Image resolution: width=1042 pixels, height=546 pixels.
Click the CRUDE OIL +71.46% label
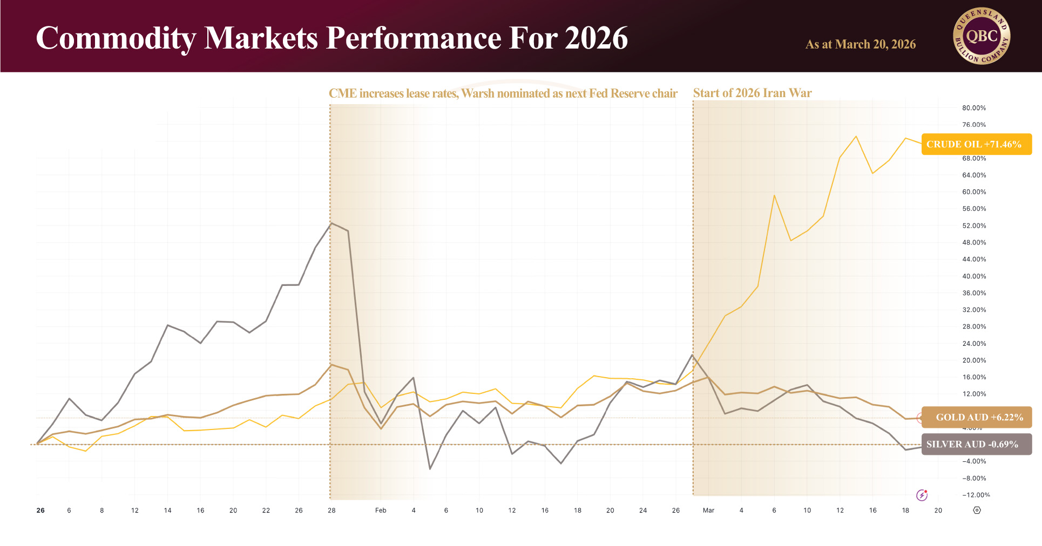[976, 144]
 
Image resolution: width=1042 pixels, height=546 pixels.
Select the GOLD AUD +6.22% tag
[977, 417]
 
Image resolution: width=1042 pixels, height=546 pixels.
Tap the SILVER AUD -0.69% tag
[976, 444]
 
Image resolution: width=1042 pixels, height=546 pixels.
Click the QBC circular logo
[982, 36]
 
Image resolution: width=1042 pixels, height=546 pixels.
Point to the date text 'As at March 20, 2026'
[861, 44]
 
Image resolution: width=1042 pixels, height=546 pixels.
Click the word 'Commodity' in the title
[116, 38]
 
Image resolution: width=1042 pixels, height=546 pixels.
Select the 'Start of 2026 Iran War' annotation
[752, 93]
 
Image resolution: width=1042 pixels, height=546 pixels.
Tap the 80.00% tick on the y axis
[973, 108]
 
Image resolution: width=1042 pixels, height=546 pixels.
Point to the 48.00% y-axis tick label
[973, 243]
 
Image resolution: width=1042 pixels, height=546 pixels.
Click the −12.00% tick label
[976, 495]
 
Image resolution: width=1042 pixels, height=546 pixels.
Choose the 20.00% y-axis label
[973, 360]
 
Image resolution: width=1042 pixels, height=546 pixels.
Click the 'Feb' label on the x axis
[381, 510]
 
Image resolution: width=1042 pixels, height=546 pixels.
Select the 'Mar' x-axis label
[708, 510]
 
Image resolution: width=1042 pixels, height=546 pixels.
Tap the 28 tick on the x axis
[331, 510]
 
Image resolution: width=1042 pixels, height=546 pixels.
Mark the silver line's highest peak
[331, 223]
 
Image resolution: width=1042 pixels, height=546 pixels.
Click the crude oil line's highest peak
[856, 136]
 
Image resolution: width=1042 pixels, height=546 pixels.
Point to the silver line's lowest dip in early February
[430, 469]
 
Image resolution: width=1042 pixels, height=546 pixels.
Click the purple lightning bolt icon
[922, 495]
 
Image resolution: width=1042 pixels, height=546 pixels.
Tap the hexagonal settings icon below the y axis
[977, 510]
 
